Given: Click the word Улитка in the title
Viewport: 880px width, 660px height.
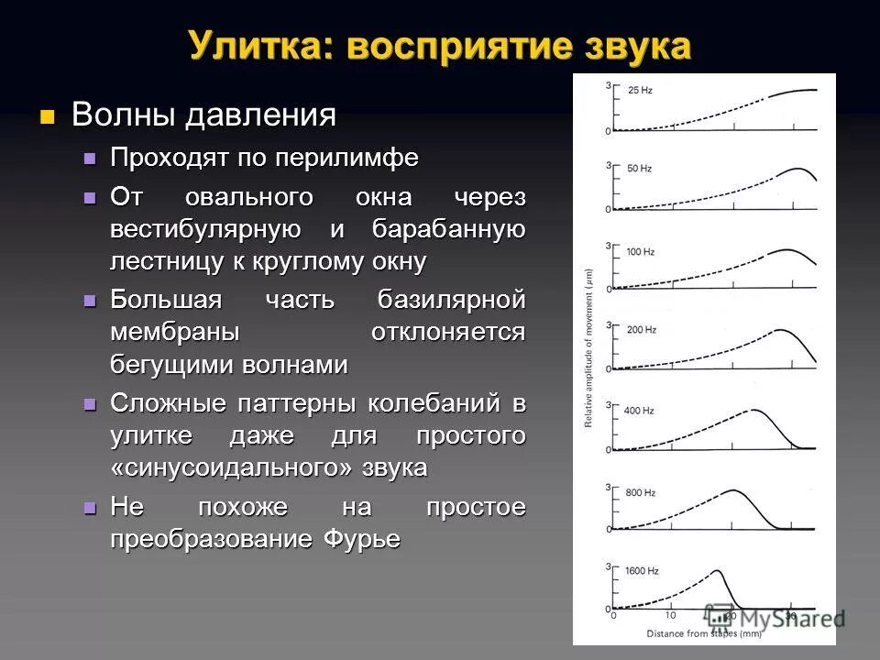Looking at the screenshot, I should [246, 46].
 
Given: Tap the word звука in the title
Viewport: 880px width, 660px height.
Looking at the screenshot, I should [633, 46].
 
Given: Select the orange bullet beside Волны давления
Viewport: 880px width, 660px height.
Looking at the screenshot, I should [48, 116].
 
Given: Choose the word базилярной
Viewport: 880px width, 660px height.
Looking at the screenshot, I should [452, 300].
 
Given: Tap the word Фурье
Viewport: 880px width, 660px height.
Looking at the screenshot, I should [362, 539].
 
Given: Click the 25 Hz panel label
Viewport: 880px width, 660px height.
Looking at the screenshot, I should [639, 90].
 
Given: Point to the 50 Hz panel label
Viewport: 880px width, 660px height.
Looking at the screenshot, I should [639, 170].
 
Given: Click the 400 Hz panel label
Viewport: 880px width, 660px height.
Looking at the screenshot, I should [640, 410].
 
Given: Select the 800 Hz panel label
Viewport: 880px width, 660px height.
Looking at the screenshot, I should [640, 493].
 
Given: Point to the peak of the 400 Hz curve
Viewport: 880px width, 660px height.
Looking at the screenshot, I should [754, 411].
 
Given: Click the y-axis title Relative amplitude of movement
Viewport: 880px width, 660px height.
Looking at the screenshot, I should [588, 349].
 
